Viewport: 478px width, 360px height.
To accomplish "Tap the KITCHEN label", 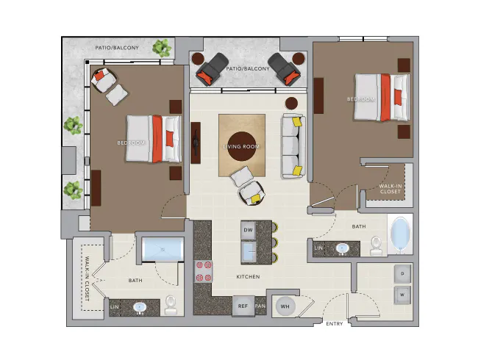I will point(247,277).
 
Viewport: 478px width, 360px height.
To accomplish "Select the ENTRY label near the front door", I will point(333,323).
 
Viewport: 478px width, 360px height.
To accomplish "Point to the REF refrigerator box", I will point(242,306).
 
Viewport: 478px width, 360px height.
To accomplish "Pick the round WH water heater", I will point(284,306).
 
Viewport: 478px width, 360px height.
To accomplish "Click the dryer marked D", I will point(402,273).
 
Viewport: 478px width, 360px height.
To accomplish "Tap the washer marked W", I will point(402,296).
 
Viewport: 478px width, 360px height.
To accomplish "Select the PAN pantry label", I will point(260,306).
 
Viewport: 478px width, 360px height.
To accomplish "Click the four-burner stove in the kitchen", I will point(202,270).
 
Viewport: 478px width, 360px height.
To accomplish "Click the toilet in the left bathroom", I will point(171,304).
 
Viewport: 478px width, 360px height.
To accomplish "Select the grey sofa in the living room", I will point(291,145).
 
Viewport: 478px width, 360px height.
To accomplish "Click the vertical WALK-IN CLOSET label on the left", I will point(87,279).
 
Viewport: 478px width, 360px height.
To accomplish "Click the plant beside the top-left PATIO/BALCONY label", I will point(161,49).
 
